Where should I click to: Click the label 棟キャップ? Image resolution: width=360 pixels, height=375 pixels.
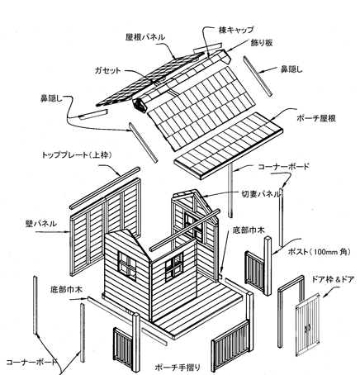pyautogui.click(x=236, y=30)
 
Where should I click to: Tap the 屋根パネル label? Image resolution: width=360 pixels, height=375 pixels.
pyautogui.click(x=145, y=37)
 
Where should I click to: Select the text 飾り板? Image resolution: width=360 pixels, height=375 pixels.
pyautogui.click(x=262, y=43)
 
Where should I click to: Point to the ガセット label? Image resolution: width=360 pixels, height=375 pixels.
pyautogui.click(x=107, y=70)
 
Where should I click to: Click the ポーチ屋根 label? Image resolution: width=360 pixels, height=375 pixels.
pyautogui.click(x=316, y=118)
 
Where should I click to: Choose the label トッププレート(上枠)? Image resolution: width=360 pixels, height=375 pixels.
pyautogui.click(x=77, y=155)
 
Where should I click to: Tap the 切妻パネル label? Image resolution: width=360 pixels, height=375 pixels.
pyautogui.click(x=261, y=194)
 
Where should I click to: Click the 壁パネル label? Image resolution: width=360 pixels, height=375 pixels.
pyautogui.click(x=41, y=224)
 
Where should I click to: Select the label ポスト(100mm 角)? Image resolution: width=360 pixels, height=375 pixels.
pyautogui.click(x=320, y=252)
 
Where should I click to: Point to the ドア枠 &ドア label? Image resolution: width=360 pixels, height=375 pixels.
pyautogui.click(x=333, y=280)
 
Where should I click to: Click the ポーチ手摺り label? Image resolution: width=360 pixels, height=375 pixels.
pyautogui.click(x=178, y=367)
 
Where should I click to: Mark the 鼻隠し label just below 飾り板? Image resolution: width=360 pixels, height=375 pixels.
pyautogui.click(x=291, y=69)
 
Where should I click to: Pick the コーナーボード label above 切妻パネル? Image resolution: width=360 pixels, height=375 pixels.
pyautogui.click(x=283, y=167)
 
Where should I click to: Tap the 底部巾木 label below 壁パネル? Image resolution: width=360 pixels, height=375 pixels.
pyautogui.click(x=66, y=290)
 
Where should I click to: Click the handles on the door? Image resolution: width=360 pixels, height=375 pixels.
pyautogui.click(x=308, y=328)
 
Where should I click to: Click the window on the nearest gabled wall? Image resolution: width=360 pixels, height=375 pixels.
pyautogui.click(x=127, y=266)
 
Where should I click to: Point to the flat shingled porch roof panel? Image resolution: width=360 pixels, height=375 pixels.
pyautogui.click(x=229, y=145)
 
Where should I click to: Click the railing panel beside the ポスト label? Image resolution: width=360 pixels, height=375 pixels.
pyautogui.click(x=255, y=271)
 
